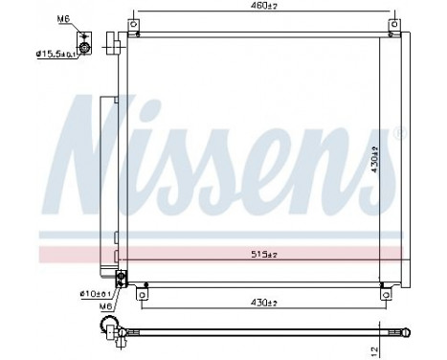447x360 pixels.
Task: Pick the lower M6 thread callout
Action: [104, 305]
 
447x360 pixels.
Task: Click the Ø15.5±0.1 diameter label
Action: [56, 54]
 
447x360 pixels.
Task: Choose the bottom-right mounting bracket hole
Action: [383, 295]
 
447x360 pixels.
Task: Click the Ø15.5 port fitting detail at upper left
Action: [86, 46]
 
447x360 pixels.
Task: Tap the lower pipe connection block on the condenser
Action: [121, 279]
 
